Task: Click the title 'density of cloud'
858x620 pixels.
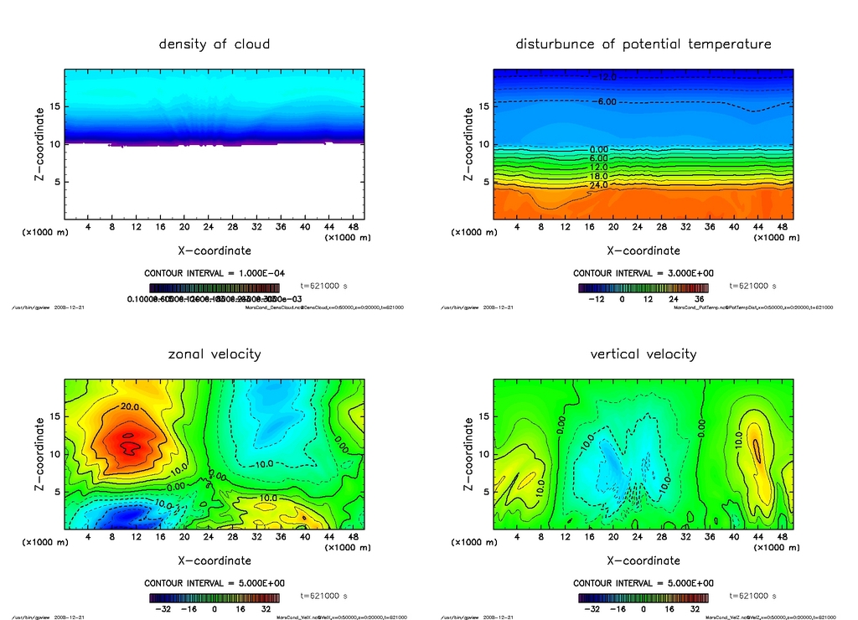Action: point(214,44)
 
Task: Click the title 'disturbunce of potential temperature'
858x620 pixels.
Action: point(643,44)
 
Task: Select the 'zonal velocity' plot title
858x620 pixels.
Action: point(214,354)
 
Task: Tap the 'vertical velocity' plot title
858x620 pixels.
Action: point(643,354)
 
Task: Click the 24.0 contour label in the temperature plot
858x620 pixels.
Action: point(598,184)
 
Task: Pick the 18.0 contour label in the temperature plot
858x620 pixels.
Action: point(598,176)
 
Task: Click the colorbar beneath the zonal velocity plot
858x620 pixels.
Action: point(214,598)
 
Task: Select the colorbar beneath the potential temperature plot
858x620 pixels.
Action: point(643,287)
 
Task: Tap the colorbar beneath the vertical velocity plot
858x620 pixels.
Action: point(643,598)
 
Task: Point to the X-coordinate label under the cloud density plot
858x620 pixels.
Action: point(214,250)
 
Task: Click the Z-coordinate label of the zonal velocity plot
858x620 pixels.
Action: point(40,452)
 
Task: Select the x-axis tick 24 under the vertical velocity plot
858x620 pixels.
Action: point(638,536)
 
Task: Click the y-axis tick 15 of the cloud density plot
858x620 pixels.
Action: point(54,106)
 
